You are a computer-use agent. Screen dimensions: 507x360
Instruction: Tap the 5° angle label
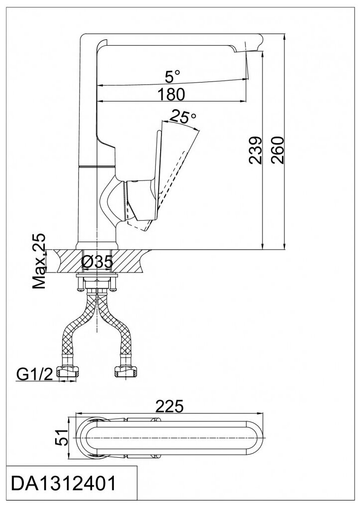pyautogui.click(x=172, y=77)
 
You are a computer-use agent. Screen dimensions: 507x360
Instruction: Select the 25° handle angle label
pyautogui.click(x=182, y=116)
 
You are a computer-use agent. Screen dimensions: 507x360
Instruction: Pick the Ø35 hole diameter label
pyautogui.click(x=95, y=262)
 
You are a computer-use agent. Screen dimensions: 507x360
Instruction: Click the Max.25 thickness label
pyautogui.click(x=40, y=261)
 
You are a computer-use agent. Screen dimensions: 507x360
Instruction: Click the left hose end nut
pyautogui.click(x=69, y=371)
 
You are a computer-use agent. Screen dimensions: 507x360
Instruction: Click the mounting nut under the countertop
pyautogui.click(x=96, y=284)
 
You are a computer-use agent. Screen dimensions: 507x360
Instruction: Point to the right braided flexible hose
pyautogui.click(x=117, y=333)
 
